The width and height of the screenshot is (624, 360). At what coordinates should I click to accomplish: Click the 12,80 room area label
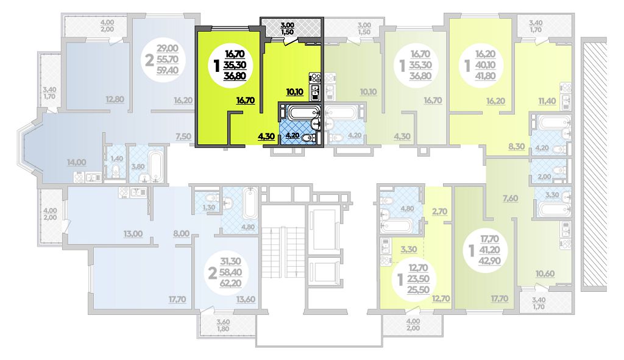[x=115, y=99]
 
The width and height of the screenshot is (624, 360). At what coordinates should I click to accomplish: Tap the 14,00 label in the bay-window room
[x=76, y=162]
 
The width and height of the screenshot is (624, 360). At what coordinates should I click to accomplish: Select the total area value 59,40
[x=168, y=71]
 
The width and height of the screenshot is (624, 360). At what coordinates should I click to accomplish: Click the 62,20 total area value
[x=230, y=283]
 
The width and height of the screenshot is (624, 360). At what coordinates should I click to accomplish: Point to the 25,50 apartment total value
[x=418, y=290]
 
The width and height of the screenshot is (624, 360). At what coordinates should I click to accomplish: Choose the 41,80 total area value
[x=485, y=76]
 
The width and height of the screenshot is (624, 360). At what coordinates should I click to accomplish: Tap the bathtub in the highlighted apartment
[x=303, y=112]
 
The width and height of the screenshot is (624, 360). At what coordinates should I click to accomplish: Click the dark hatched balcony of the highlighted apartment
[x=291, y=27]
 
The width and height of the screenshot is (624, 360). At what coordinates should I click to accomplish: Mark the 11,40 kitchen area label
[x=547, y=101]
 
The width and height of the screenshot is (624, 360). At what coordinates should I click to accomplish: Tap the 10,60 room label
[x=545, y=274]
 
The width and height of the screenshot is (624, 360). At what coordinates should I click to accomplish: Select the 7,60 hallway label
[x=510, y=199]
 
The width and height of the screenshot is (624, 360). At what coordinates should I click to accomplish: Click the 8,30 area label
[x=516, y=146]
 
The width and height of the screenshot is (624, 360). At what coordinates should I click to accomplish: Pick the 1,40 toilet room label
[x=117, y=159]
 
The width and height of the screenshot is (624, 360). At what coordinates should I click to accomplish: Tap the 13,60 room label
[x=246, y=300]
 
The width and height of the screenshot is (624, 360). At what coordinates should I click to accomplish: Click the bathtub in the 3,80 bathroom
[x=155, y=166]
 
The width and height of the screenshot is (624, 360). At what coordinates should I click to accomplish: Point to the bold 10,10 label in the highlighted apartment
[x=295, y=92]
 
